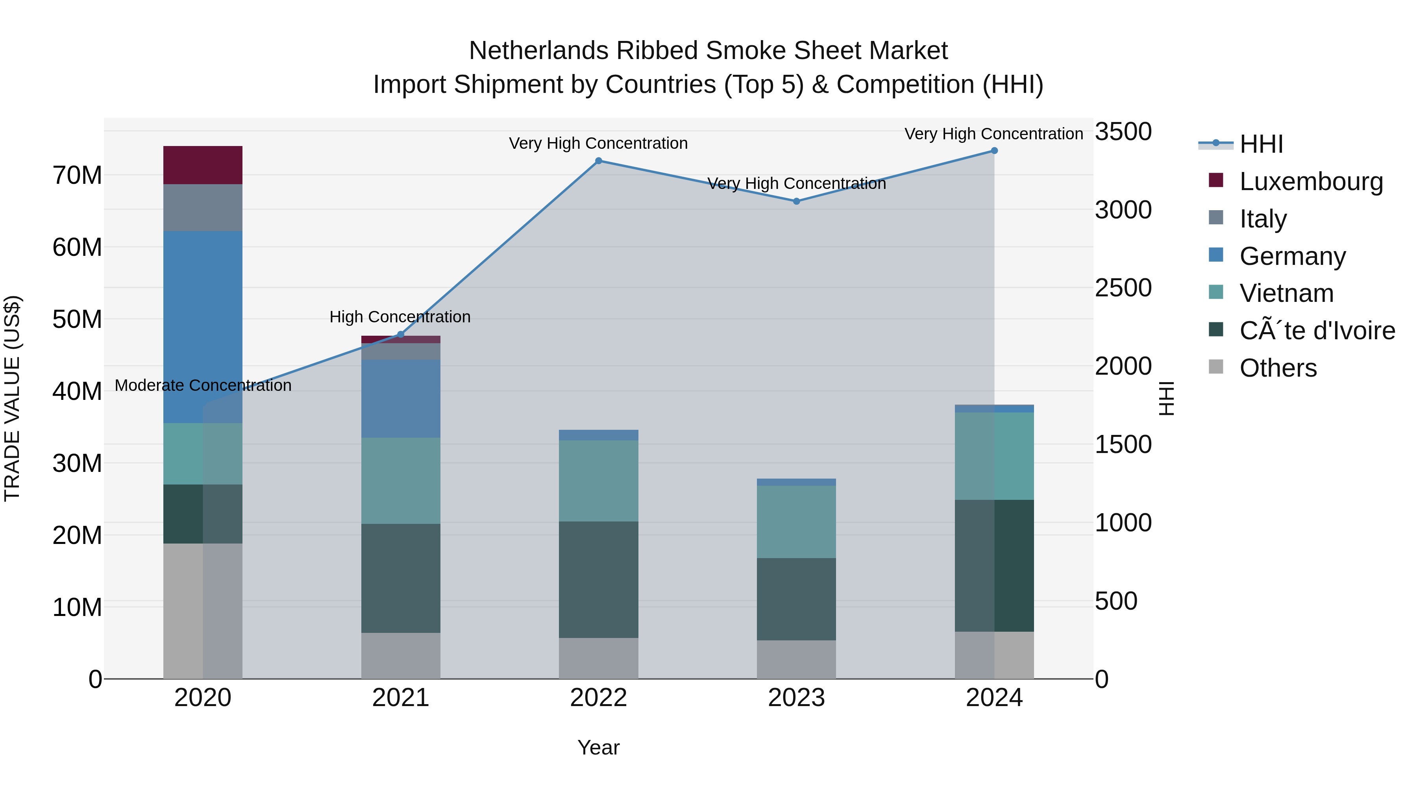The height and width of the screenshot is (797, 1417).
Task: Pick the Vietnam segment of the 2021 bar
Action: point(400,480)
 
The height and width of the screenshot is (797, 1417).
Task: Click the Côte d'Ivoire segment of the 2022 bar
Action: point(598,579)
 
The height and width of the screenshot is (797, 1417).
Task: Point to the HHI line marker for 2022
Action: point(598,161)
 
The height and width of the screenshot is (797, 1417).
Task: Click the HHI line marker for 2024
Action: point(994,151)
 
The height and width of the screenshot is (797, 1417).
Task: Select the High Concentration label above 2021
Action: point(400,317)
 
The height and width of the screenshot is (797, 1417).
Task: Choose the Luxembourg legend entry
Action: point(1310,181)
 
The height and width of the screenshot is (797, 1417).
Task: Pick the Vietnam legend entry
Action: point(1286,293)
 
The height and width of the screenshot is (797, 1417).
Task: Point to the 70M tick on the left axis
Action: point(77,176)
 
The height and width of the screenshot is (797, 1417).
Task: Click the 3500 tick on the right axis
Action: point(1123,132)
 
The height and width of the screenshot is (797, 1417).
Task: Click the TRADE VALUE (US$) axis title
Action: point(12,398)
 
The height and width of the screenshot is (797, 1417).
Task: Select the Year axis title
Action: point(598,747)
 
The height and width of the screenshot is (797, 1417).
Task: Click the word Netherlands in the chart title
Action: point(538,51)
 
